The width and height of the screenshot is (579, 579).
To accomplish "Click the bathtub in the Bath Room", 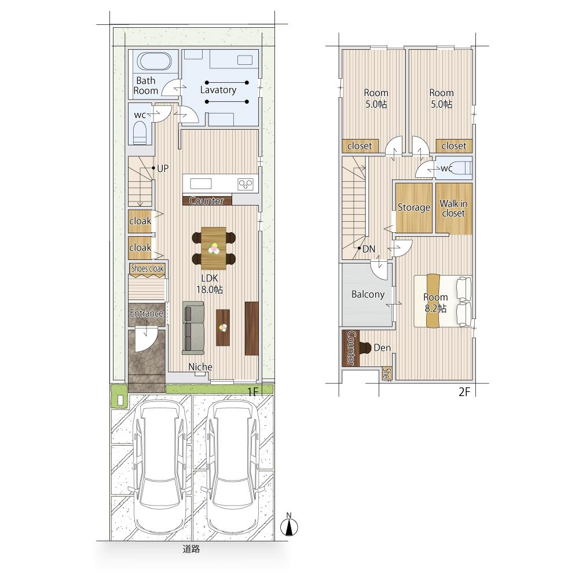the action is click(x=154, y=61).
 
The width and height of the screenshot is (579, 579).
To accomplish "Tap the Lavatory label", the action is click(x=218, y=90).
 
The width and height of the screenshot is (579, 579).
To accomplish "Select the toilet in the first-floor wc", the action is click(x=140, y=132).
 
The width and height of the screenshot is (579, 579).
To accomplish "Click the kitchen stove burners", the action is click(x=245, y=184).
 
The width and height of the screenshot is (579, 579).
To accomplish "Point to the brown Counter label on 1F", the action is click(x=207, y=201).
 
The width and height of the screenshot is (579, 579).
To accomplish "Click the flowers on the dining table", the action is click(x=214, y=248).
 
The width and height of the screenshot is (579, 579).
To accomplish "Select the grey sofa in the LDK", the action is click(x=193, y=326).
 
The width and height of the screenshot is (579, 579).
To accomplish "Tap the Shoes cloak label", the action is click(x=147, y=269).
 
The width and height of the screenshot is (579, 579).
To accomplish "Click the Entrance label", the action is click(x=146, y=313).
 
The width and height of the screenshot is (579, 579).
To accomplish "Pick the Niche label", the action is click(x=200, y=367).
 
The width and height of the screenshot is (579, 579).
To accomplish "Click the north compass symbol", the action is click(x=289, y=526).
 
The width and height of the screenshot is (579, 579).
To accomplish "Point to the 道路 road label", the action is click(x=191, y=549).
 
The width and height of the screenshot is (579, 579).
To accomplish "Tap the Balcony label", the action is click(x=368, y=294).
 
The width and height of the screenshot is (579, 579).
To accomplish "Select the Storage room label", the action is click(x=414, y=207).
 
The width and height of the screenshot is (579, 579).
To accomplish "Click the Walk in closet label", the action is click(x=453, y=208).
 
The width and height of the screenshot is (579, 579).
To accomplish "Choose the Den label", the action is click(x=382, y=347).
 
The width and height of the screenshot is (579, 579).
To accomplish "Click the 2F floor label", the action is click(x=464, y=392).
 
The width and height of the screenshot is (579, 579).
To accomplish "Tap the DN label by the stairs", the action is click(x=369, y=249).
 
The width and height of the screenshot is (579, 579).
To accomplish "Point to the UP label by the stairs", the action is click(x=163, y=168).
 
